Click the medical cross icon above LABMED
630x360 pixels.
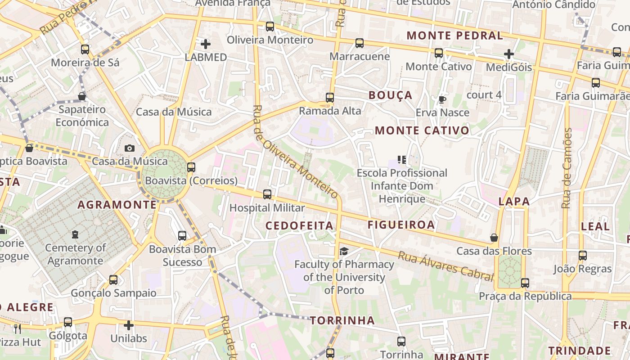click(206, 44)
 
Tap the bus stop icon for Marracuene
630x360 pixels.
click(359, 43)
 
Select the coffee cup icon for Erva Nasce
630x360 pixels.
click(442, 99)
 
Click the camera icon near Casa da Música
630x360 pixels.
click(130, 148)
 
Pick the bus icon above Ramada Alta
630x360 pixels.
click(330, 98)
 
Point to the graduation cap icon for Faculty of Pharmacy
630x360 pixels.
click(344, 251)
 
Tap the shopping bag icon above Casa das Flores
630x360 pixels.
click(494, 238)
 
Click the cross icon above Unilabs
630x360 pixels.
click(129, 325)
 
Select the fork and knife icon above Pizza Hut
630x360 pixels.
click(18, 329)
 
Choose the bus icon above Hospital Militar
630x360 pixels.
click(267, 194)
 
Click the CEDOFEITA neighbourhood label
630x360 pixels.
click(299, 225)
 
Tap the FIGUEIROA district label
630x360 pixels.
click(401, 225)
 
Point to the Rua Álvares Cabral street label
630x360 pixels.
click(445, 266)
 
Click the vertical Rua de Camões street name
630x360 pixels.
click(567, 168)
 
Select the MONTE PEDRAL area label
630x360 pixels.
click(454, 36)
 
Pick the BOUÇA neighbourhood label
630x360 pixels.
click(390, 95)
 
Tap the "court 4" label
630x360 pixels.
click(484, 95)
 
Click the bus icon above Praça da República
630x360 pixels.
click(525, 283)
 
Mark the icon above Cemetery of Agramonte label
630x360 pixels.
click(75, 234)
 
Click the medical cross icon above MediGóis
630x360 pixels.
click(509, 54)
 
